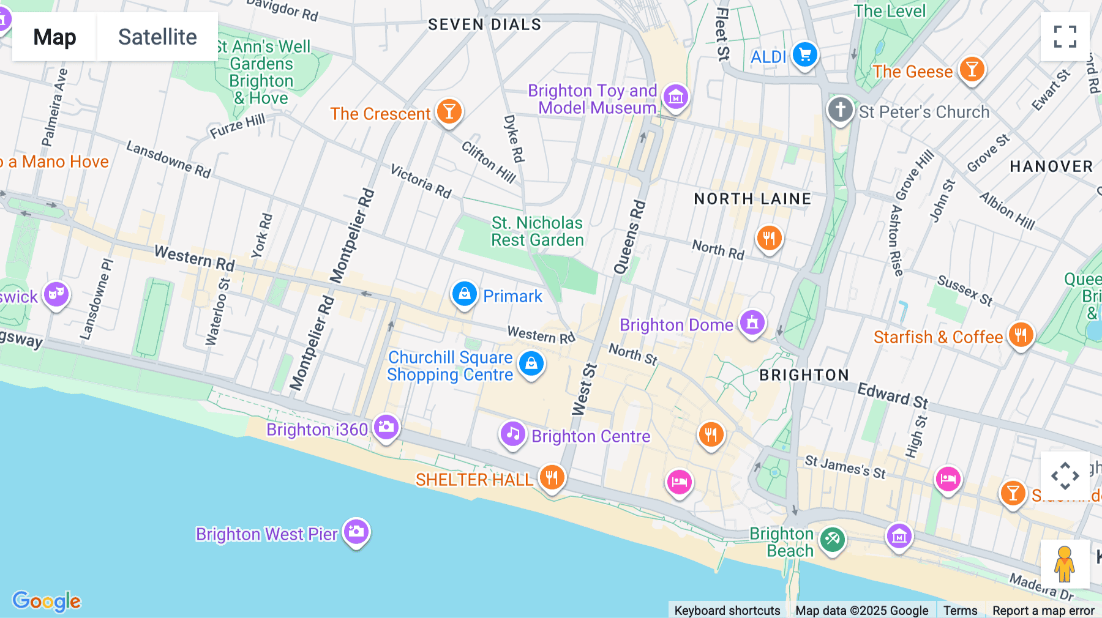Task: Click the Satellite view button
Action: click(157, 37)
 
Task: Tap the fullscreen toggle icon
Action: click(1065, 37)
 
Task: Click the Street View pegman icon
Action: click(1065, 564)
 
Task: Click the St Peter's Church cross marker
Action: click(840, 110)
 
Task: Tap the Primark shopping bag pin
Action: click(465, 294)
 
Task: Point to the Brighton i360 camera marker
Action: click(386, 427)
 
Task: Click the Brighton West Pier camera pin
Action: click(356, 532)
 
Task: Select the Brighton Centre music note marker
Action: click(512, 434)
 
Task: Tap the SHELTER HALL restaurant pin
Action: click(552, 477)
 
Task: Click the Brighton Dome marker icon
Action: click(752, 322)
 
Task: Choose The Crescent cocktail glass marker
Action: click(449, 112)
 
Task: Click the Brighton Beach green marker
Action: click(832, 540)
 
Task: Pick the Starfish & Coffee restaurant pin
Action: click(1021, 335)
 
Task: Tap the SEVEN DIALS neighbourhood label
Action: click(484, 24)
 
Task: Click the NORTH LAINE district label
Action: click(752, 199)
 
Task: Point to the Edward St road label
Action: click(893, 395)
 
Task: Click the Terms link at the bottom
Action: click(960, 610)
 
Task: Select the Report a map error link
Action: click(1043, 610)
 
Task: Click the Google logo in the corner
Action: click(47, 601)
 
